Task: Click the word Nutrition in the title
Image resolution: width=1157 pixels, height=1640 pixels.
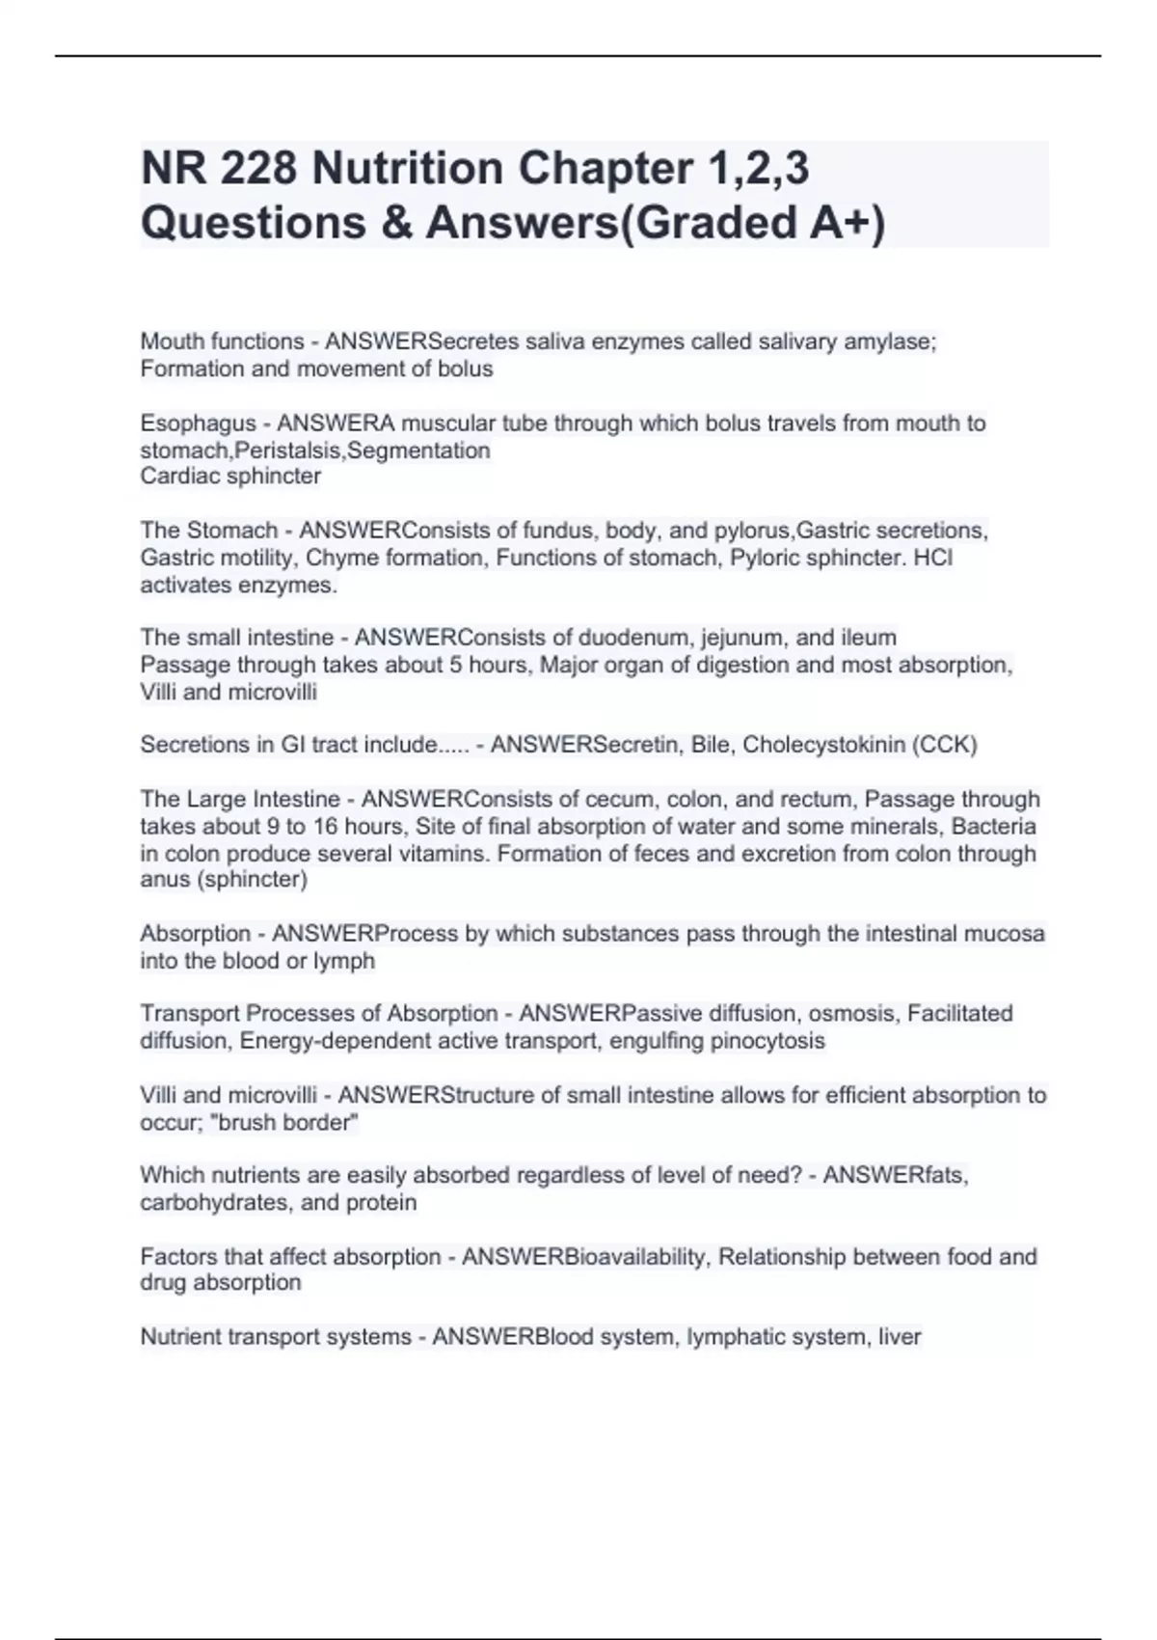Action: tap(409, 169)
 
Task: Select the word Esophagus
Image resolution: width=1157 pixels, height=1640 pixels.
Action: tap(198, 424)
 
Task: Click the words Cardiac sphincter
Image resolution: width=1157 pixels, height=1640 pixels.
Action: tap(230, 477)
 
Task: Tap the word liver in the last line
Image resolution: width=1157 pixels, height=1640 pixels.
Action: tap(900, 1337)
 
